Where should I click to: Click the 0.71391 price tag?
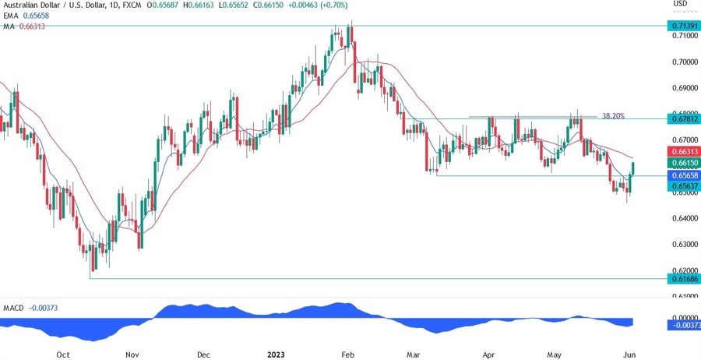pos(683,26)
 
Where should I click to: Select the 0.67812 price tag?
pos(683,118)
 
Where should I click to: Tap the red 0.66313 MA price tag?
pos(683,150)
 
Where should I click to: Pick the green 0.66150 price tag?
pos(683,163)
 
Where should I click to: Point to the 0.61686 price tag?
pos(683,278)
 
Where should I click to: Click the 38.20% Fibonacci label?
pos(613,116)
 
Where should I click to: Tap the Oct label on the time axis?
pos(63,355)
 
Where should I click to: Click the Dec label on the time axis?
pos(203,355)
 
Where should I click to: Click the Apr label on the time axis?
pos(488,355)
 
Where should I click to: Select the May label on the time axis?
pos(554,355)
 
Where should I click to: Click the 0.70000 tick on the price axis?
pos(683,62)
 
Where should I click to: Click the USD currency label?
pos(680,4)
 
